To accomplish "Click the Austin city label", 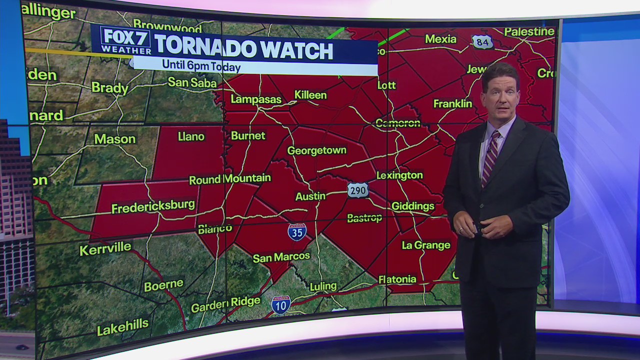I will pos(310,196).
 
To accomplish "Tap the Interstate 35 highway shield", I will pos(297,231).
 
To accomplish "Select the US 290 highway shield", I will pos(358,190).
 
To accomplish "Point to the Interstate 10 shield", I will pos(281,304).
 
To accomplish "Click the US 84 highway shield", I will pos(482,42).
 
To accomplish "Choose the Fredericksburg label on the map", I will pos(153,206).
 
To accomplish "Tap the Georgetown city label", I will pos(316,150).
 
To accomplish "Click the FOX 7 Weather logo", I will pos(126,40).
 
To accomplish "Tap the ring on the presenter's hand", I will pos(460,229).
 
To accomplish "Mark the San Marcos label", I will pos(281,257).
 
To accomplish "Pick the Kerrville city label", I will pos(105,248).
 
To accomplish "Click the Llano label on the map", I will pos(191,136).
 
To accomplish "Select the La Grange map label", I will pos(426,245).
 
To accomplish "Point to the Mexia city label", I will pos(440,39).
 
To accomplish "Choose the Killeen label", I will pos(310,95).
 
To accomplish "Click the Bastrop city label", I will pos(364,217).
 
